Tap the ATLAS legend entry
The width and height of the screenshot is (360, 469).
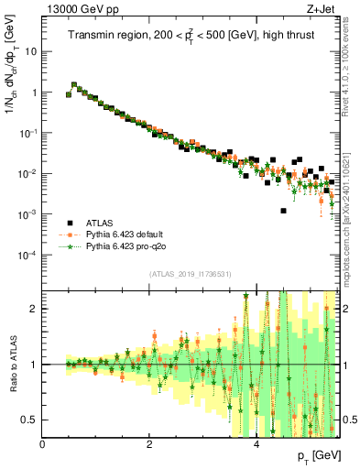(102, 223)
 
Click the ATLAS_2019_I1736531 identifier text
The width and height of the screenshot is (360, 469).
(190, 274)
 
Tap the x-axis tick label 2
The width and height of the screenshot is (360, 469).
(149, 445)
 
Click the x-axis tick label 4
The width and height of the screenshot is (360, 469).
(256, 445)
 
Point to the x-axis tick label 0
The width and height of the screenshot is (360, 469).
(42, 445)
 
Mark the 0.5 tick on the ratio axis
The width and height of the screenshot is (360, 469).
(31, 420)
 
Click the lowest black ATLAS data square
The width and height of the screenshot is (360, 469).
(284, 211)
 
